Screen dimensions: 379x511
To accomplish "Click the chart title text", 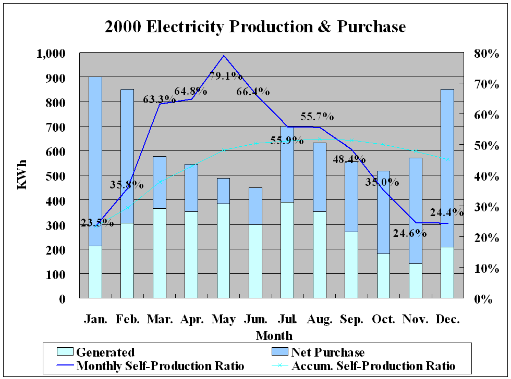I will coord(255,27).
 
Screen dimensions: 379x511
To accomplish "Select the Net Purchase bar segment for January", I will coord(95,161).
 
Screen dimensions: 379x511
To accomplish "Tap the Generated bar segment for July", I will coord(287,250).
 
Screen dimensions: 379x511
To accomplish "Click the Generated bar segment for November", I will coord(416,281).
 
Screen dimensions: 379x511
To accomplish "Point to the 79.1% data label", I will coord(226,76).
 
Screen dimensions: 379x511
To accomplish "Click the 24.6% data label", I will coord(410,233).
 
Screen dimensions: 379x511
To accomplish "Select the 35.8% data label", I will coord(127,184).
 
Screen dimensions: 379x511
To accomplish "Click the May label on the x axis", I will coord(224,319).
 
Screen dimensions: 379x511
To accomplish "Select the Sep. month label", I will coord(352,319).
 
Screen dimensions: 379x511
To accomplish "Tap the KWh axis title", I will coord(22,175).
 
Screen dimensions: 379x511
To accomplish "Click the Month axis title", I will coord(274,335).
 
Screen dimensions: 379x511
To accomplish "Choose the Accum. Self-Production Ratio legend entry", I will coord(373,365).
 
